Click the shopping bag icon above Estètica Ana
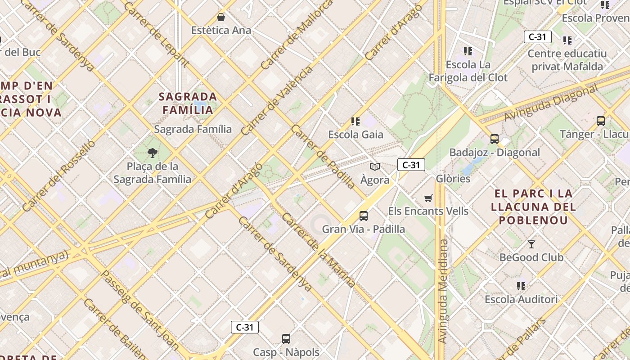click(221, 17)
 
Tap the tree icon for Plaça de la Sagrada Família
click(153, 153)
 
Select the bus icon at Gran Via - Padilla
click(364, 216)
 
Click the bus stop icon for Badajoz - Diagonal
click(495, 139)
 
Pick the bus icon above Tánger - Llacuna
click(600, 121)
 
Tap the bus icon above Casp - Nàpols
click(286, 338)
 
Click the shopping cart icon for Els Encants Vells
click(428, 198)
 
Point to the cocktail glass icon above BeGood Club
click(531, 244)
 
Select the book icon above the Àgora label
click(374, 166)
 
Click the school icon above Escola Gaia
click(355, 121)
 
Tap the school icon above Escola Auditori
click(521, 286)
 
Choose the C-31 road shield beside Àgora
click(411, 165)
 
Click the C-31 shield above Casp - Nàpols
click(245, 327)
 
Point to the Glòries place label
click(453, 179)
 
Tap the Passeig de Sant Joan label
click(139, 310)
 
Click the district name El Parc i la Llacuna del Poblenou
click(533, 207)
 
